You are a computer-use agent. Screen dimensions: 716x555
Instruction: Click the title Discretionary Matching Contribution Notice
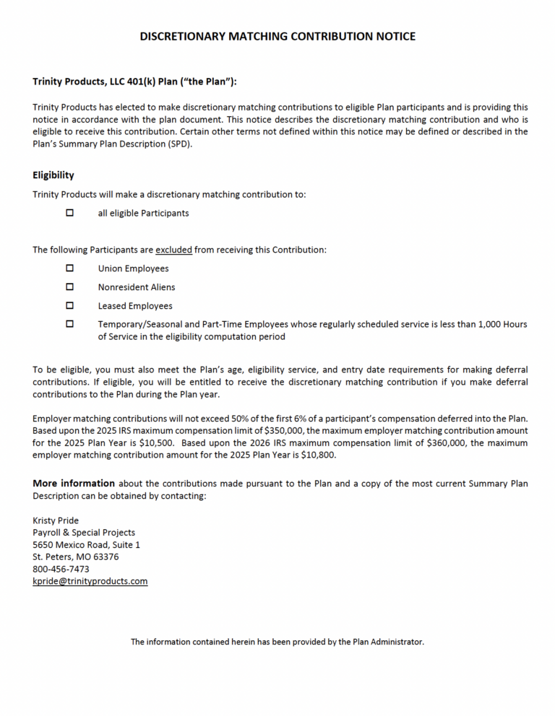[x=277, y=36]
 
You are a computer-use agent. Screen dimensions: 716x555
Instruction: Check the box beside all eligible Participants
[x=70, y=213]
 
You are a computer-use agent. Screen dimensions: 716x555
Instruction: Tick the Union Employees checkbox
[x=70, y=268]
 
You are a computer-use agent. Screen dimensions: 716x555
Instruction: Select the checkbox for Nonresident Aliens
[x=70, y=287]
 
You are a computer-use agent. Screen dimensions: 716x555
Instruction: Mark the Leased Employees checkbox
[x=70, y=306]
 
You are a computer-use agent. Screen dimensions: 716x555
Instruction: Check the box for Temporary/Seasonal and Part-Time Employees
[x=70, y=325]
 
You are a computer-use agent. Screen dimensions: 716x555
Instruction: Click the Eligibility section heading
[x=53, y=175]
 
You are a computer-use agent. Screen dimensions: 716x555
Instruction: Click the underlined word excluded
[x=173, y=250]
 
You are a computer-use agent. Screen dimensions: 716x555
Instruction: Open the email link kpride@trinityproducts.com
[x=90, y=581]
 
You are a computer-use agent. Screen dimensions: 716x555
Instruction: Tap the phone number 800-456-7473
[x=61, y=569]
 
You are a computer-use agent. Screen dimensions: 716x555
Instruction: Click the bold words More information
[x=74, y=484]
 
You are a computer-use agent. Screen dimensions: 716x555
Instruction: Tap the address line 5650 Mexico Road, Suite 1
[x=86, y=545]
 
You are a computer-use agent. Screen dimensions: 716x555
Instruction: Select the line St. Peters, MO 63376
[x=76, y=557]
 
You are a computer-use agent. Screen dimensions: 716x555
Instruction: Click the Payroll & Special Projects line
[x=84, y=533]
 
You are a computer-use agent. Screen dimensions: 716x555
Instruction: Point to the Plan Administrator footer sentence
[x=277, y=642]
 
